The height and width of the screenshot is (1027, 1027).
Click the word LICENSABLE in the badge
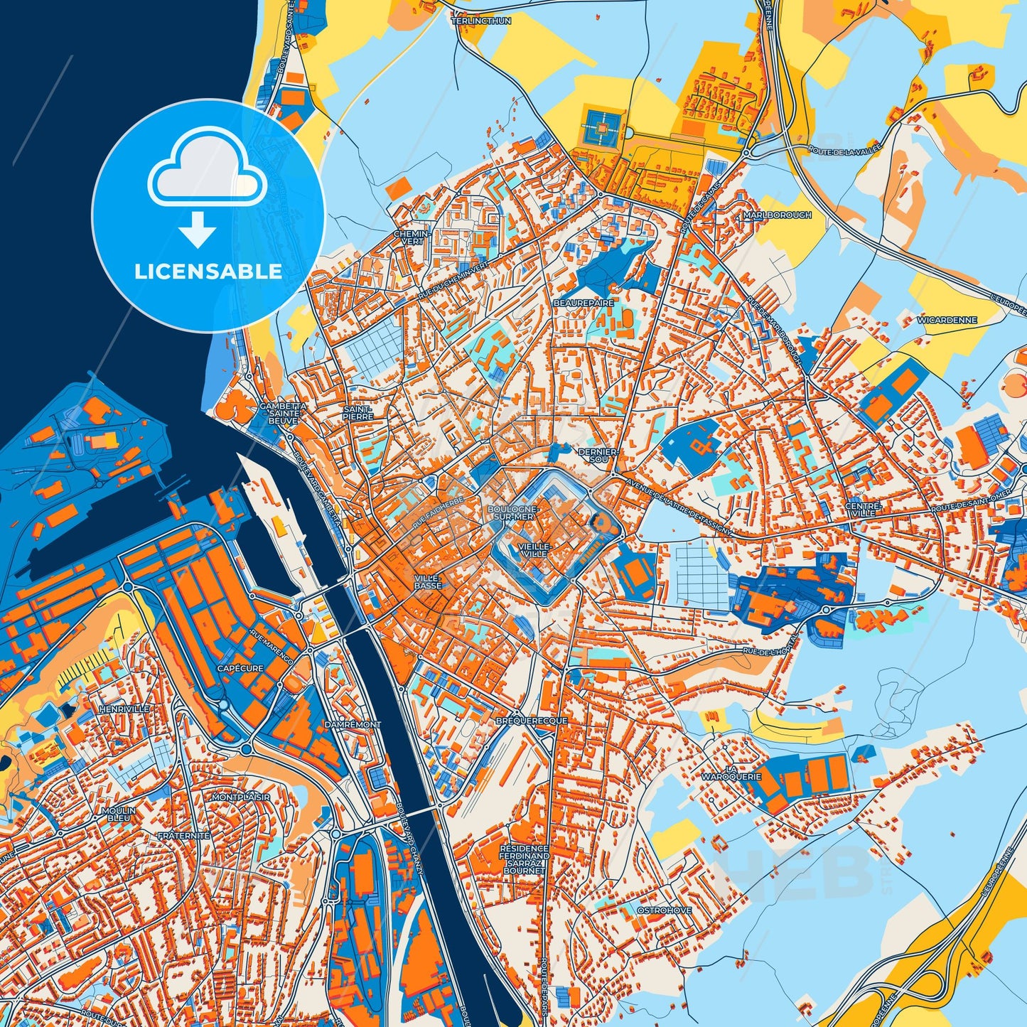(208, 271)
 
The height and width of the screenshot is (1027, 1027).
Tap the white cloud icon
(207, 175)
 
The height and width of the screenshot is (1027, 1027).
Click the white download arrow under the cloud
(198, 230)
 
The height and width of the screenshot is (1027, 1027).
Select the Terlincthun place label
(481, 21)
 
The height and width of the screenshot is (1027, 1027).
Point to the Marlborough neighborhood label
(777, 215)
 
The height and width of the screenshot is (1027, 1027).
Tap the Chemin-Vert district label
(412, 237)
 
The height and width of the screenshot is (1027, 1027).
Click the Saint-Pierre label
(357, 413)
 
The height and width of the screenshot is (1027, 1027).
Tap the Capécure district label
(240, 668)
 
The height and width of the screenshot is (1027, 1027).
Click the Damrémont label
(353, 724)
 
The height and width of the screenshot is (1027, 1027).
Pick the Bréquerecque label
(532, 721)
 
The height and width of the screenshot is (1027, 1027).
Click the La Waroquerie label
(731, 773)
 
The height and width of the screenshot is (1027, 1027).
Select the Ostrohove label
(664, 910)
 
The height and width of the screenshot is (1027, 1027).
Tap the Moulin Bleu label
(117, 814)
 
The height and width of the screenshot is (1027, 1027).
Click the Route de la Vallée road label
(845, 149)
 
